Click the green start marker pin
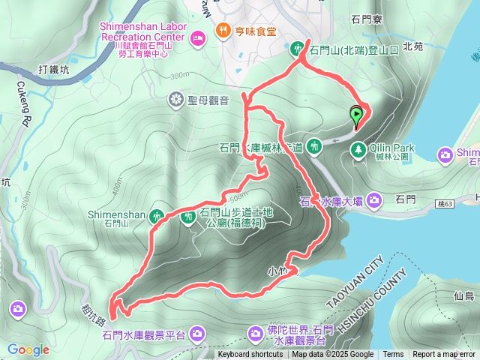[x=357, y=116]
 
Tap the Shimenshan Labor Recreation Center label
[x=142, y=30]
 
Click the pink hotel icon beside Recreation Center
[x=198, y=37]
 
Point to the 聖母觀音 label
[x=209, y=99]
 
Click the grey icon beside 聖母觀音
[x=176, y=99]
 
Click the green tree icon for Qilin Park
[x=358, y=151]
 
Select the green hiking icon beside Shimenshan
[x=157, y=214]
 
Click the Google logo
[x=28, y=349]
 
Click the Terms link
[x=393, y=355]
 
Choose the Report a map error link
[x=444, y=355]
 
